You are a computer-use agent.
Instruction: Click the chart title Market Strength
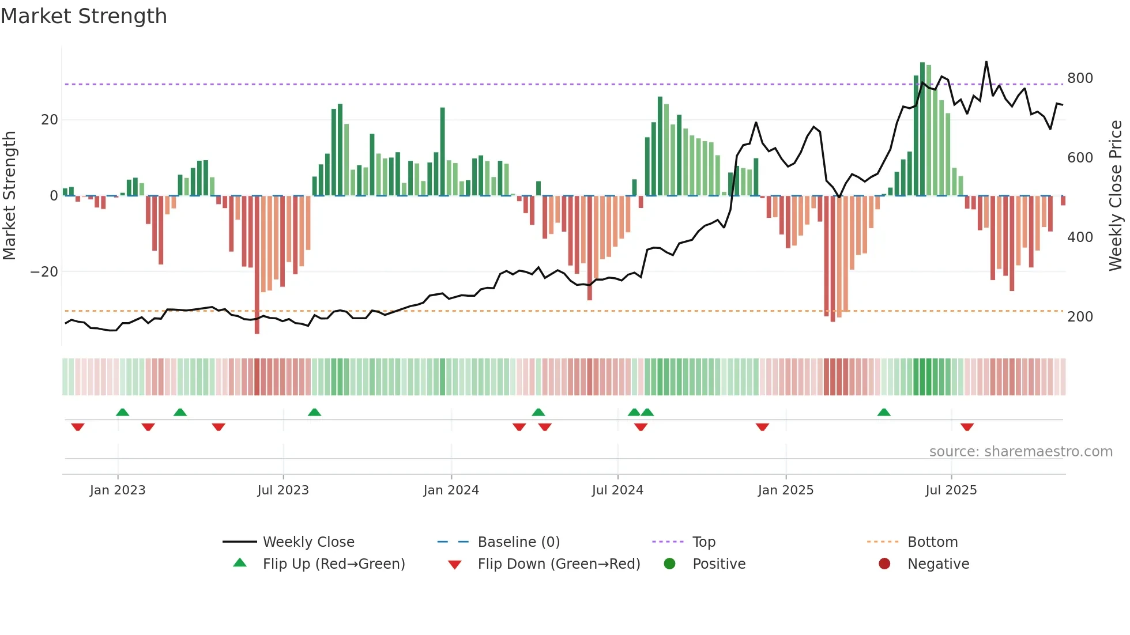(x=84, y=16)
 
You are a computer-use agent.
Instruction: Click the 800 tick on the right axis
(x=1079, y=78)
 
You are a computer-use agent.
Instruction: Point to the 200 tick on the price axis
(x=1079, y=317)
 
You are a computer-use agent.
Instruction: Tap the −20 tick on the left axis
(x=44, y=272)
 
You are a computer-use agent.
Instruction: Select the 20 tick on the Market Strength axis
(x=50, y=120)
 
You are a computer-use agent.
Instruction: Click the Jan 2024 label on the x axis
(x=451, y=490)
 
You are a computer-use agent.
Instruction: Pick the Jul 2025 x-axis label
(x=951, y=490)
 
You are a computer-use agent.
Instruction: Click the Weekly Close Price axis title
(x=1116, y=196)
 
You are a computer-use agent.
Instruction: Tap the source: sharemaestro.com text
(x=1020, y=452)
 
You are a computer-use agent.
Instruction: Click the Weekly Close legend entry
(x=308, y=542)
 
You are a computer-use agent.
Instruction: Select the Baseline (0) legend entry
(x=518, y=542)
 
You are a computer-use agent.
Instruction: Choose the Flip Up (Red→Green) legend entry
(x=333, y=564)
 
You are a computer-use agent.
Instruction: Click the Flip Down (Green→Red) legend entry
(x=558, y=564)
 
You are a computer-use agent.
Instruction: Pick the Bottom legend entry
(x=932, y=542)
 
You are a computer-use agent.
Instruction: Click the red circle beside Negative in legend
(x=884, y=564)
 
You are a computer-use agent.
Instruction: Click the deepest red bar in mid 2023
(x=257, y=265)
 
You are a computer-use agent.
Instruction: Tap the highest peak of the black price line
(x=986, y=62)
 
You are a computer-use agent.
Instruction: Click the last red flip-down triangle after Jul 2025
(x=967, y=427)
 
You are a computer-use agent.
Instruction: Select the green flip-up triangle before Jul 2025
(x=884, y=412)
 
